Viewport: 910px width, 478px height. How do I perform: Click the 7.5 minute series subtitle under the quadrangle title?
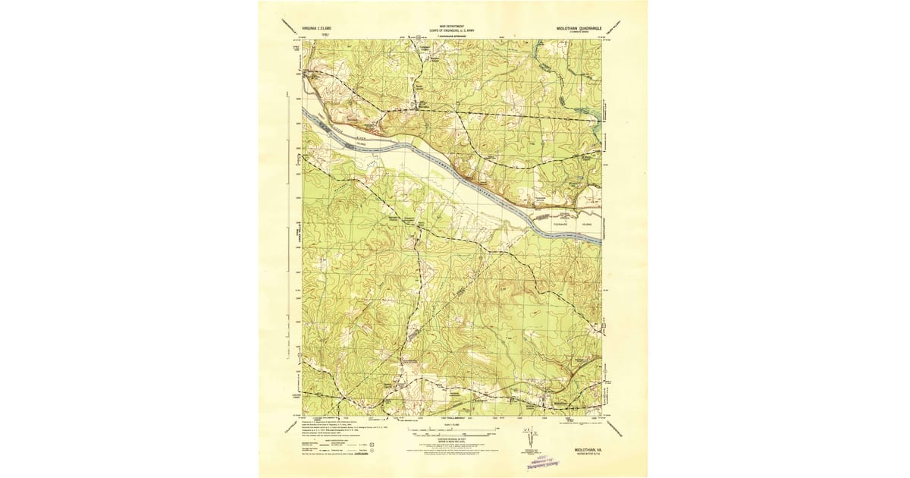point(578,31)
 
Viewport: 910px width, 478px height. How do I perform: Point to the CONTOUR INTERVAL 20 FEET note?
point(452,442)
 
